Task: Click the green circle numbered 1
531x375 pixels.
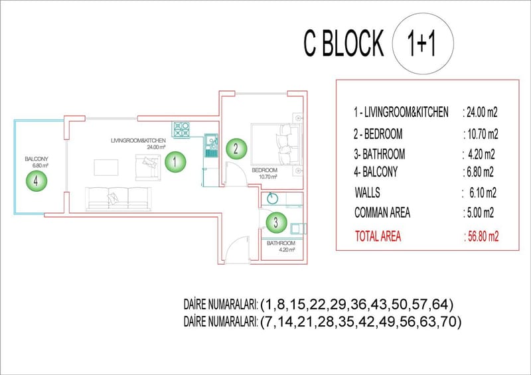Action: tap(175, 160)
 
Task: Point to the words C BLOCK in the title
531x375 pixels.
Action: tap(343, 44)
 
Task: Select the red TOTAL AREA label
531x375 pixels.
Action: tap(378, 236)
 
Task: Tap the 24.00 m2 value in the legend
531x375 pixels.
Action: tap(480, 113)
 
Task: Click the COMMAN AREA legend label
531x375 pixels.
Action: tap(382, 213)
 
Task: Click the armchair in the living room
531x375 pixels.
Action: tap(146, 167)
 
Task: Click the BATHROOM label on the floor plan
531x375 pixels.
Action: tap(281, 244)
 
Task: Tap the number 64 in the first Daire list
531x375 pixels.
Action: tap(439, 305)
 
